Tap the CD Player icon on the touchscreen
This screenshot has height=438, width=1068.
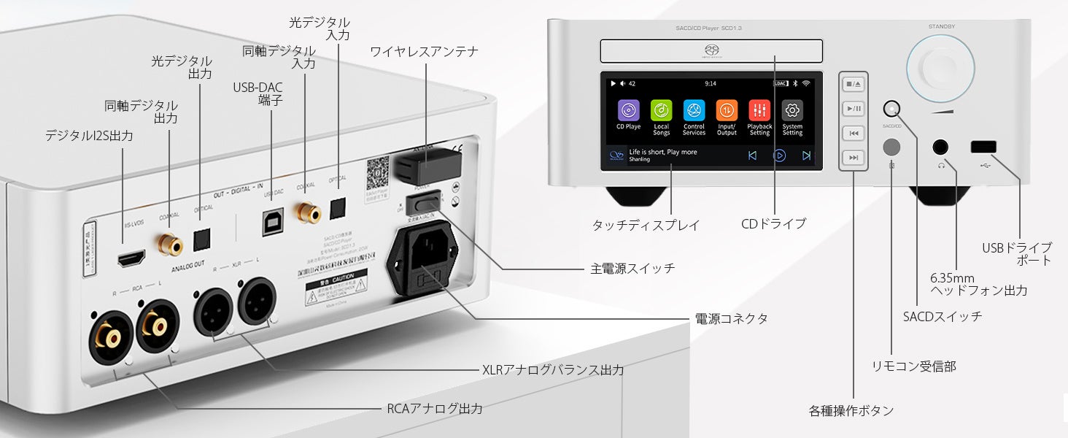629,110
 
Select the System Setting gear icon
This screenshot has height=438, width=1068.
792,110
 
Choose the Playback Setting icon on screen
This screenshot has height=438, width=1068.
759,110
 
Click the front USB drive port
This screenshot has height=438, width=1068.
982,147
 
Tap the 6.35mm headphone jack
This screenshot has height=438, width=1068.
942,147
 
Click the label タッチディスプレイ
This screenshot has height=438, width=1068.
646,226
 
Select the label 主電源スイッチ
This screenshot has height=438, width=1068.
632,269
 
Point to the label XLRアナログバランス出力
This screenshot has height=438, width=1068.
553,370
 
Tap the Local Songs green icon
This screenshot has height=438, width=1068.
662,110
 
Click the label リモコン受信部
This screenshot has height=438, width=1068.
913,366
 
